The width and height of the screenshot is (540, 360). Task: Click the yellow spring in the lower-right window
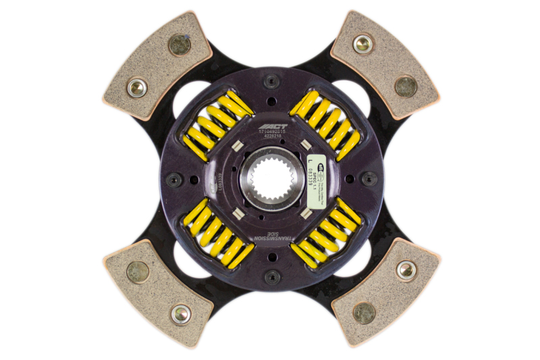pos(326,233)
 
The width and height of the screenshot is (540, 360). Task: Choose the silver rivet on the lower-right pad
pos(406,269)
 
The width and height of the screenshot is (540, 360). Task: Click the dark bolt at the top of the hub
pos(271,82)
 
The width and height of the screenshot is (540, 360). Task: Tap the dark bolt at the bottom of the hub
pos(271,277)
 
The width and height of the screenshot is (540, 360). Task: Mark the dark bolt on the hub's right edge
pos(369,180)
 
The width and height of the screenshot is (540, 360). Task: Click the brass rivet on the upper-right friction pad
pos(405,86)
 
